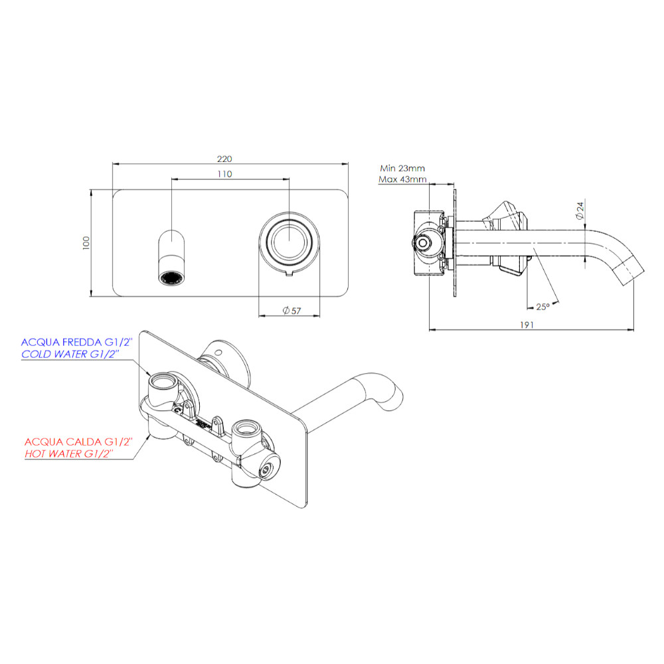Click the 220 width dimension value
224,159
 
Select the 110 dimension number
224,174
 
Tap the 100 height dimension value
86,243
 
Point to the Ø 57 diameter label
291,310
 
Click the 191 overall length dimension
527,325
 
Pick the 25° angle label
542,307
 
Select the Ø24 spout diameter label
580,210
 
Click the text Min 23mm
402,168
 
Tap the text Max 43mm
402,179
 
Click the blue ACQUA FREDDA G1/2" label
76,342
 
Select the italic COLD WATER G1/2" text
70,354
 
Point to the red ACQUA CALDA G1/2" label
78,442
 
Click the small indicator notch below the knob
290,274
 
